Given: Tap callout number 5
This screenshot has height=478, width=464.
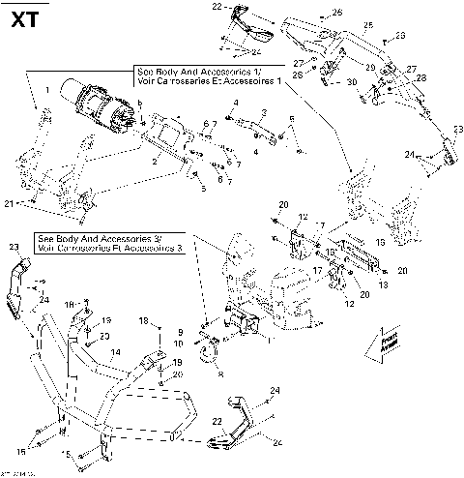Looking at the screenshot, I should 203,189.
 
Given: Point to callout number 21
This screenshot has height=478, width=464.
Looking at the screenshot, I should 10,203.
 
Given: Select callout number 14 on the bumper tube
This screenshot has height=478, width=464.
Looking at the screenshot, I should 115,352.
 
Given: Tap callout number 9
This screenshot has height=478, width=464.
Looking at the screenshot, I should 179,332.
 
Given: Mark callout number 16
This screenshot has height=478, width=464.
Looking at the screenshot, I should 381,243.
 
